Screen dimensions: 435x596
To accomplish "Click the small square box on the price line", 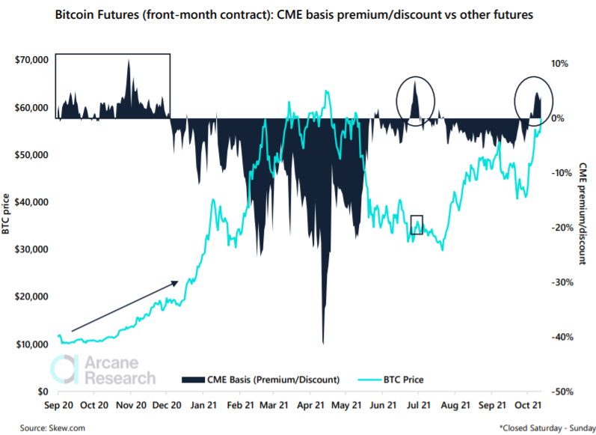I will click(x=417, y=225).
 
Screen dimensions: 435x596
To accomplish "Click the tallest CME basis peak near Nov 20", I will click(x=129, y=61).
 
